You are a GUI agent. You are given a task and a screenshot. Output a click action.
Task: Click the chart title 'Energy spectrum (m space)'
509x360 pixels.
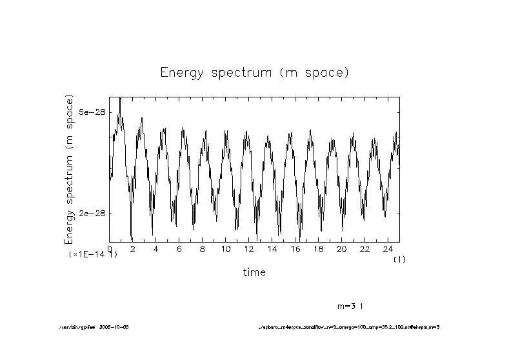[254, 72]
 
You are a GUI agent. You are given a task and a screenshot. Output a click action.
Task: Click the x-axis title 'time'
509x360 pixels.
[254, 272]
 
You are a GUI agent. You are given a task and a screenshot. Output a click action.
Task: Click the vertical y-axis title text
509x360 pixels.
[70, 169]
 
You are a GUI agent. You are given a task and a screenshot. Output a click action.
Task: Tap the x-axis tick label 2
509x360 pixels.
[132, 248]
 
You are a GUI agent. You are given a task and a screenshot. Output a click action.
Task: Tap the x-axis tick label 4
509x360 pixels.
[155, 248]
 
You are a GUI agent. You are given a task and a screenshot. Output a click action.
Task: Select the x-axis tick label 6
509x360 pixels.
[179, 248]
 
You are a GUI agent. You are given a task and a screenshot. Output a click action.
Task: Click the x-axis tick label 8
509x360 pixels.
[202, 248]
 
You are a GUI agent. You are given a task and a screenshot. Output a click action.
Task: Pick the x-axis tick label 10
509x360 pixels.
[225, 248]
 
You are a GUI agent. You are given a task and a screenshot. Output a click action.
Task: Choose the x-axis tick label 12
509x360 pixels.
[248, 248]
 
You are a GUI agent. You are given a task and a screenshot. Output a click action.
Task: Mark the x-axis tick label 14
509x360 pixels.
[272, 248]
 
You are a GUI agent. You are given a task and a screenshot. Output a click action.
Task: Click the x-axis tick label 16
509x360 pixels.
[295, 248]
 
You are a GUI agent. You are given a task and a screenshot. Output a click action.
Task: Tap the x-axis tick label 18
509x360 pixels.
[318, 248]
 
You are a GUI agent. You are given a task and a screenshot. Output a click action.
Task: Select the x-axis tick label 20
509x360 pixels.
[341, 248]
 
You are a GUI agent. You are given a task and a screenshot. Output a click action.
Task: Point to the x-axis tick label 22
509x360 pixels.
[364, 248]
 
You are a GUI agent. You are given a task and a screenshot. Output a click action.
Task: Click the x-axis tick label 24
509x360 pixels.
[388, 248]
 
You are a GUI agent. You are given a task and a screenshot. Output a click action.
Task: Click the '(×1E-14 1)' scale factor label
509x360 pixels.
[93, 255]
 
